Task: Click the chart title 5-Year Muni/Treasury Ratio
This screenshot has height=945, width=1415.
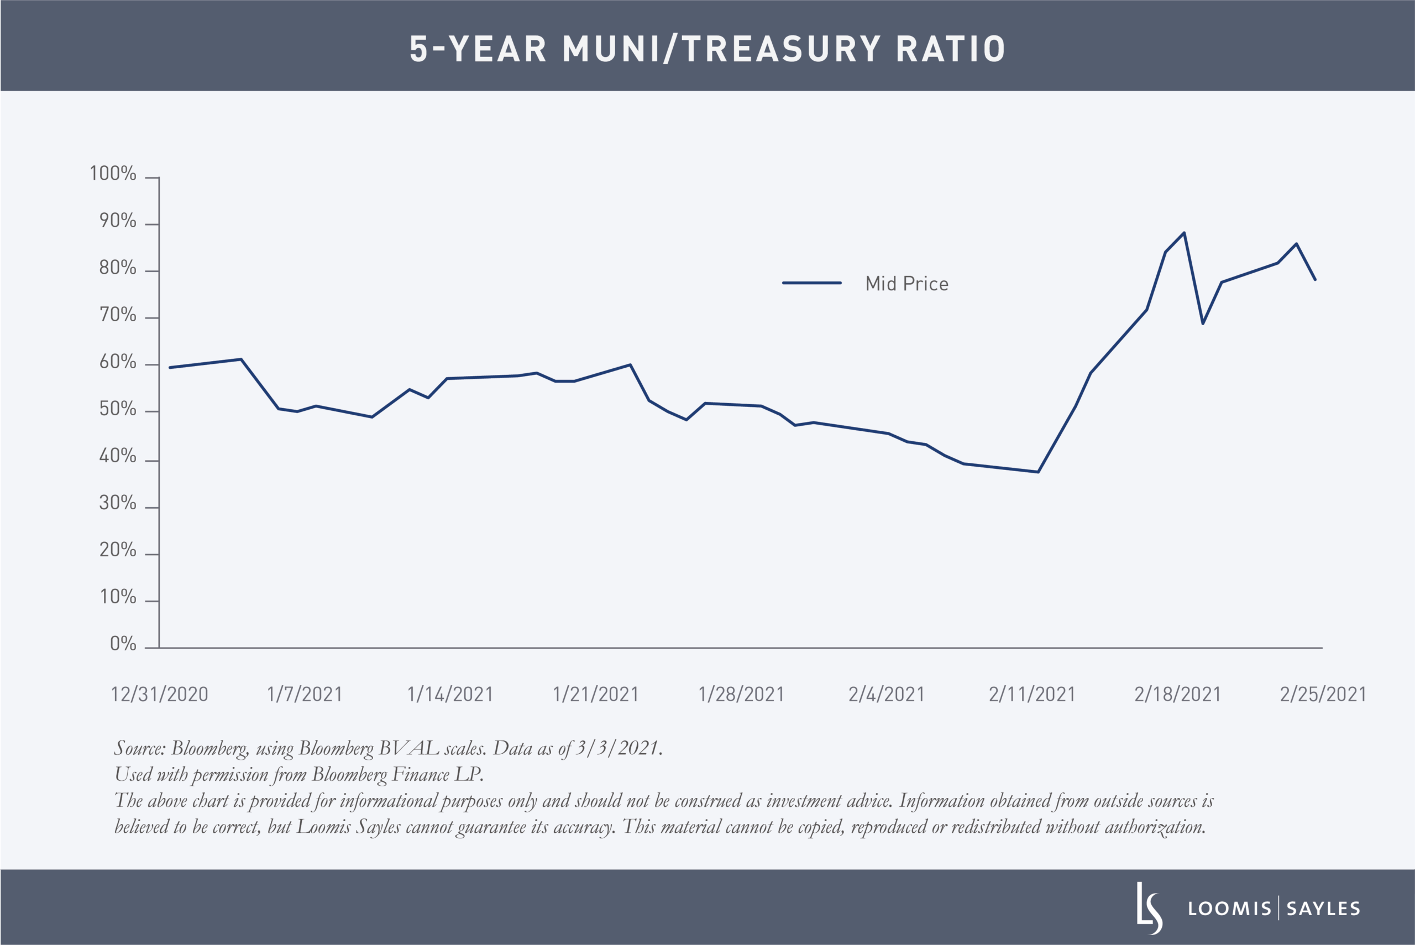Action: click(707, 49)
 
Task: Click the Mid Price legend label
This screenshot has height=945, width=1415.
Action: click(906, 284)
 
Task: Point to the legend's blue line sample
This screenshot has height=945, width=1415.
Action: click(811, 283)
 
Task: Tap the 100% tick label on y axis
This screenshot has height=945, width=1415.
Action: click(113, 174)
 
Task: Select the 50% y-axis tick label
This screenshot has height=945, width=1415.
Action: click(118, 409)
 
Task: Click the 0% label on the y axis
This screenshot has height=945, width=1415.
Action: click(123, 644)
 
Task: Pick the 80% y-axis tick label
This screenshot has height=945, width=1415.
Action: click(118, 268)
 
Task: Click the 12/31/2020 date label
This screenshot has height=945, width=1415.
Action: click(159, 695)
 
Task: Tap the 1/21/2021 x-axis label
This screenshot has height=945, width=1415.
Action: click(595, 695)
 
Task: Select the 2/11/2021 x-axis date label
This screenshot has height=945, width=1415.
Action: click(1032, 695)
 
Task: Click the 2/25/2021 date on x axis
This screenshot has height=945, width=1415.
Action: click(1323, 695)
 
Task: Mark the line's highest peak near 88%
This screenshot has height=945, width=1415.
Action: click(1185, 233)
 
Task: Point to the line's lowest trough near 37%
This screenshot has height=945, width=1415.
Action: click(1038, 472)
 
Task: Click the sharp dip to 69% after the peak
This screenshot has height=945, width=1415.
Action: click(1203, 323)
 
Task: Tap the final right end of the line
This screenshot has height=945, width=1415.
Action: click(1315, 280)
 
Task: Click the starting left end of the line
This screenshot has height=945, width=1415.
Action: click(170, 368)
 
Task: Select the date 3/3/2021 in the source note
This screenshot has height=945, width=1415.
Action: click(616, 749)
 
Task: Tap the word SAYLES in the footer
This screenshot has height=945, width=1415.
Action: click(1323, 909)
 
